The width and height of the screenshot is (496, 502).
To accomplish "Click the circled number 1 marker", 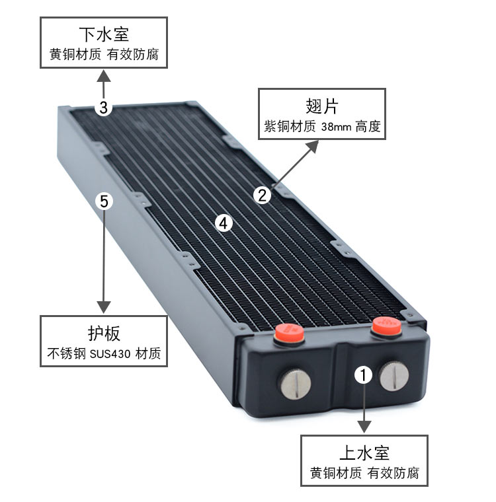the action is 363,375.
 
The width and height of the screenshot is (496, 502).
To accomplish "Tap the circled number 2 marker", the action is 262,195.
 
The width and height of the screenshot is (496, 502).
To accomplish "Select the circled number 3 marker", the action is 103,107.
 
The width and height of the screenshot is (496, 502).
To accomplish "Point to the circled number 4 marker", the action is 224,223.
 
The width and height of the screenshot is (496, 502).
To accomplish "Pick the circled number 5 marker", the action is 104,201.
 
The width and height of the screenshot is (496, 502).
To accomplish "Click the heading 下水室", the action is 104,34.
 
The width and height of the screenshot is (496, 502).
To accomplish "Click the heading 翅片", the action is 322,106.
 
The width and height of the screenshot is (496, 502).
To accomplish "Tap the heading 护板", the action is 104,334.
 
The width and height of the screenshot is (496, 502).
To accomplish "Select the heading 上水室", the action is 364,452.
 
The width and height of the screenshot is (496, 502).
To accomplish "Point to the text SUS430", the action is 110,354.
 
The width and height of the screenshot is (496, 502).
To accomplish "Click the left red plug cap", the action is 289,333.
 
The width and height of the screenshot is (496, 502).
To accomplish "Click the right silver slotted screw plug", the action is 394,376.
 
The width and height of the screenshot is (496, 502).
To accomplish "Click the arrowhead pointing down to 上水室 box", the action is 364,427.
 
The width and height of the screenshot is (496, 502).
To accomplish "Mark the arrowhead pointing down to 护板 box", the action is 104,306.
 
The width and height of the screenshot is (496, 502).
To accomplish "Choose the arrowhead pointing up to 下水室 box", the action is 104,77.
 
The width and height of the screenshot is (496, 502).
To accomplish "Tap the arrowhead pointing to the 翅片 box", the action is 313,147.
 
